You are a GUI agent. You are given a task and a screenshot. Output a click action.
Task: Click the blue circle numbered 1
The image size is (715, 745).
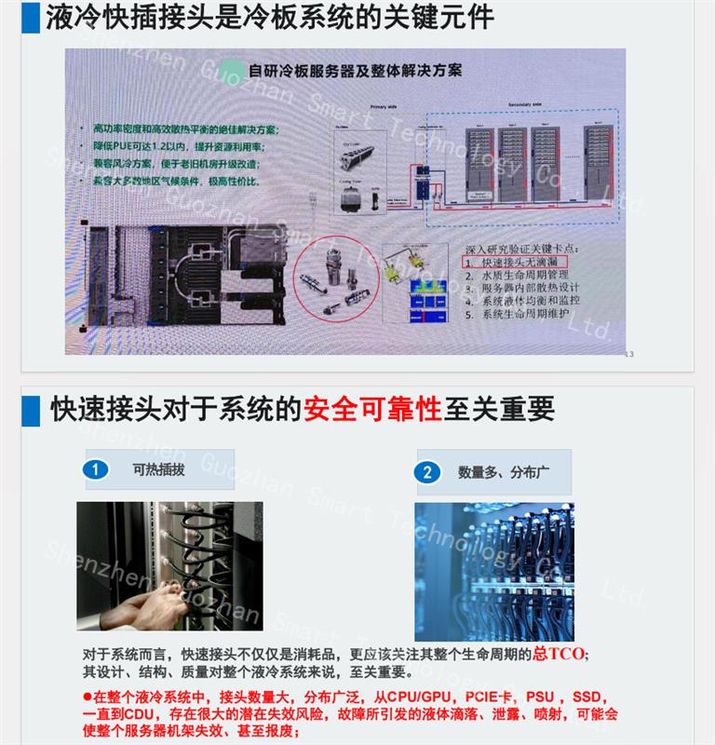tap(96, 470)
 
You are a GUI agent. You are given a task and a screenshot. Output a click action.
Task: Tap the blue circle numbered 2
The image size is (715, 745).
tap(427, 472)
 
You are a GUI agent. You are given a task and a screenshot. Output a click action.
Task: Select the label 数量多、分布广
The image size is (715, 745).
tap(504, 472)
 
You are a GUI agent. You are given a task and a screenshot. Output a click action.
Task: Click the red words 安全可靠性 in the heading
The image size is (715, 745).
tap(372, 408)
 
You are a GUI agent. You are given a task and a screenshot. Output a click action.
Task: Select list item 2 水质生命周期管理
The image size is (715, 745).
tap(516, 277)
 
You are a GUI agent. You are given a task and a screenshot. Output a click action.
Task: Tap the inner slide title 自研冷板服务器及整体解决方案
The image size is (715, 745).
tap(357, 69)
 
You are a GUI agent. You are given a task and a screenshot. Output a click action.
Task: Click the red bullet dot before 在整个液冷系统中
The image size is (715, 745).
tap(88, 697)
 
